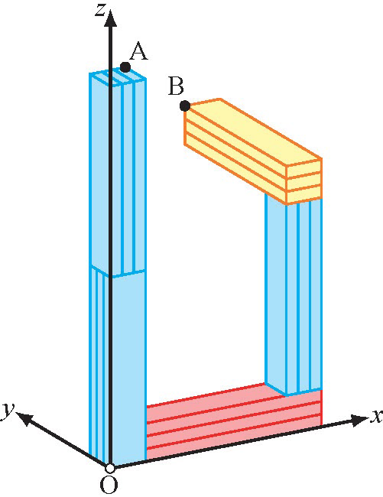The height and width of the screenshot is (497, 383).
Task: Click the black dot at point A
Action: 125,67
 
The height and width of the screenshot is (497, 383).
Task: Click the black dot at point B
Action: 185,106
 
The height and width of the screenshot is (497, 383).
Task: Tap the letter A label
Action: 138,52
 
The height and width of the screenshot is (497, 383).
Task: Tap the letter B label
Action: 176,86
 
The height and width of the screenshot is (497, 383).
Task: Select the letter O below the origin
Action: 109,485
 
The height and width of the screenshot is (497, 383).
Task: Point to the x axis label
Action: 377,416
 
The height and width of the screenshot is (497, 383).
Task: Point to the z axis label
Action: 100,10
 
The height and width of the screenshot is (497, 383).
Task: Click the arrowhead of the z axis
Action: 110,18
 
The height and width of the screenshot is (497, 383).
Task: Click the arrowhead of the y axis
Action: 24,418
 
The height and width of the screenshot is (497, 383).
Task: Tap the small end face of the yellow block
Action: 304,181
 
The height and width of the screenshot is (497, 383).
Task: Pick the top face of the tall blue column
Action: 118,77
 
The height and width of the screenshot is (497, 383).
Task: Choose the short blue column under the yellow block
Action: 294,295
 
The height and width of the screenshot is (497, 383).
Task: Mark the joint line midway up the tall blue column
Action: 118,273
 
